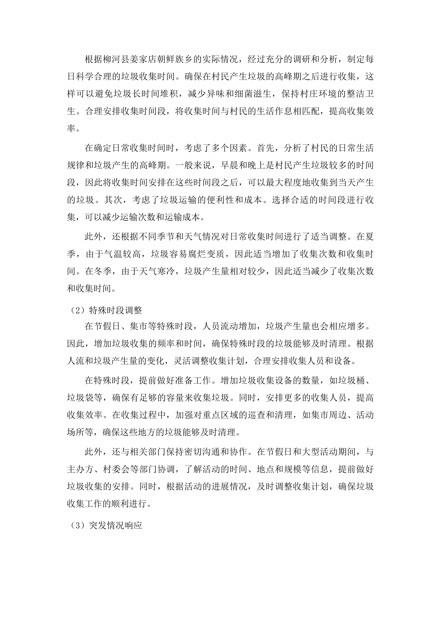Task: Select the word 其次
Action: click(112, 200)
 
